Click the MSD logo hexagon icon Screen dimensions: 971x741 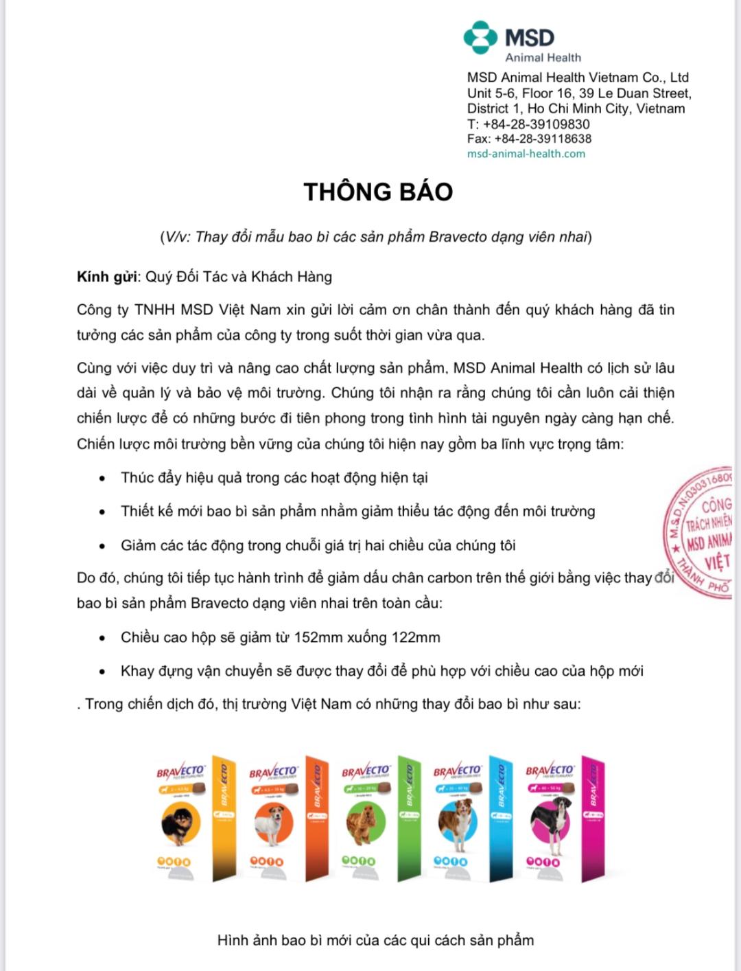(480, 38)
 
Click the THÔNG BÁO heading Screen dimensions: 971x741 (378, 192)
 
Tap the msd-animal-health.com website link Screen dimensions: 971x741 (526, 154)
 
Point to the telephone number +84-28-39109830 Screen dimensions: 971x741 (536, 124)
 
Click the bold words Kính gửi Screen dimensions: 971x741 (107, 277)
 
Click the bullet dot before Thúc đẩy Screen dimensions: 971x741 (102, 479)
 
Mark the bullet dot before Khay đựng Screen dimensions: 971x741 (102, 672)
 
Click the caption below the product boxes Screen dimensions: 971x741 (375, 940)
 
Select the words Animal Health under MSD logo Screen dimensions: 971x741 (543, 58)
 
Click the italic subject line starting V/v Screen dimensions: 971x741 (375, 237)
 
